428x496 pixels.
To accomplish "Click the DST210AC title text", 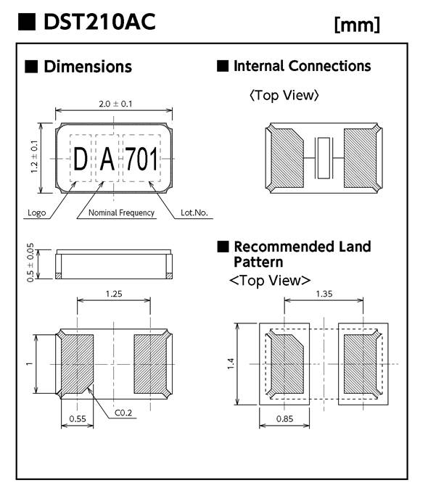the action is coord(99,22).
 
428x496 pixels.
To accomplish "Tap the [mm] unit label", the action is coord(357,25).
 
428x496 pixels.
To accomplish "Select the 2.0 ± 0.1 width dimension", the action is coord(115,104).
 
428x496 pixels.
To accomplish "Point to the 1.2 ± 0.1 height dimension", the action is coord(34,157).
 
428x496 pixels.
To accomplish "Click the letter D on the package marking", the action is coord(81,159).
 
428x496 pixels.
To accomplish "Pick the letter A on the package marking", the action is coord(107,159).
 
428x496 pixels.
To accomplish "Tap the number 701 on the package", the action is coord(141,159).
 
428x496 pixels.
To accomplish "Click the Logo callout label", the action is coord(37,212).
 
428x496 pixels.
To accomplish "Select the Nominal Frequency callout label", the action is coord(121,212).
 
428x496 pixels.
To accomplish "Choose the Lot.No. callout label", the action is coord(194,212).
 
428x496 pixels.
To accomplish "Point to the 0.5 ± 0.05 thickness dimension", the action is coord(30,263).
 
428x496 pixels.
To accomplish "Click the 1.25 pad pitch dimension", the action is coord(114,294).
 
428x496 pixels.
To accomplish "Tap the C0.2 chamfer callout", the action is coord(123,413).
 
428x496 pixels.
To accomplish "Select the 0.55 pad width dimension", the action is coord(78,419).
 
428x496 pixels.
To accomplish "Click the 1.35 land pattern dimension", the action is coord(324,294).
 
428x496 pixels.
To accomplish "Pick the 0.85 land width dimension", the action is coord(284,419).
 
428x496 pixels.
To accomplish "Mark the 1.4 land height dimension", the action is coord(231,363).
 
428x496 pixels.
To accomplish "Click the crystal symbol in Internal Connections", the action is coord(324,158).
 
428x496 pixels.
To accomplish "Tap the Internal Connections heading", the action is coord(302,66).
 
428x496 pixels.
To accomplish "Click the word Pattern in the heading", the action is coord(258,263).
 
